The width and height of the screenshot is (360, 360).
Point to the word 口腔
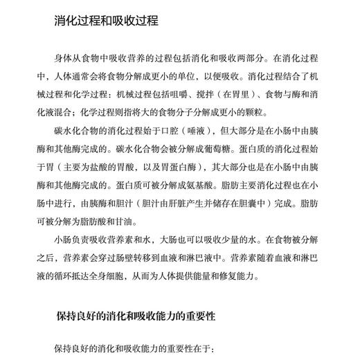pos(213,130)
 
